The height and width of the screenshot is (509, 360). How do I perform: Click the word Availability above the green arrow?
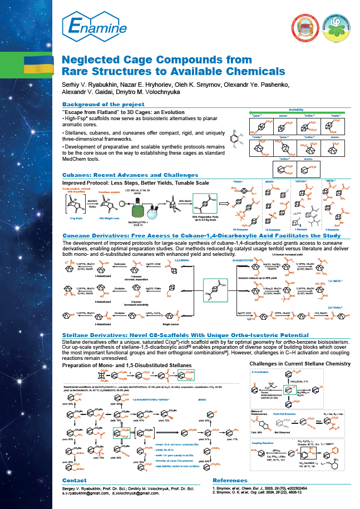[x=296, y=110]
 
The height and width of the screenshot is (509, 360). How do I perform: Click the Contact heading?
[x=74, y=480]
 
